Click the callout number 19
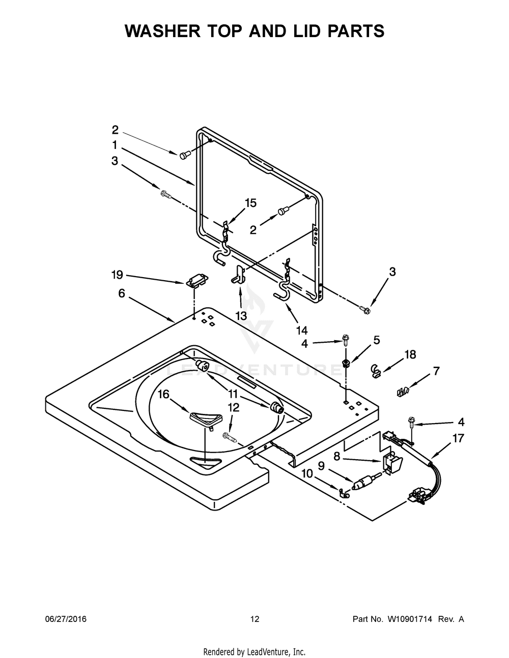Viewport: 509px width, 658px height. coord(117,275)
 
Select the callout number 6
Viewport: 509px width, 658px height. coord(122,293)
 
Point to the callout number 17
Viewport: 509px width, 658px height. coord(458,438)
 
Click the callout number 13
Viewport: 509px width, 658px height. coord(241,315)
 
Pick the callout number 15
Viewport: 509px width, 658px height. coord(250,203)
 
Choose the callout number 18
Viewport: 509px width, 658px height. coord(410,354)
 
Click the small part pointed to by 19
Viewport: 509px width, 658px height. coord(196,280)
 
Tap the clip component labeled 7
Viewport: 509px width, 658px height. coord(403,392)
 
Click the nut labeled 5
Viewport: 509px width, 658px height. coord(346,363)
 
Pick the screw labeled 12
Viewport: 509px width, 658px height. coord(230,435)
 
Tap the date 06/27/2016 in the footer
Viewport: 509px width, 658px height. coord(66,619)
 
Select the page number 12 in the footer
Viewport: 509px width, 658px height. coord(255,619)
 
